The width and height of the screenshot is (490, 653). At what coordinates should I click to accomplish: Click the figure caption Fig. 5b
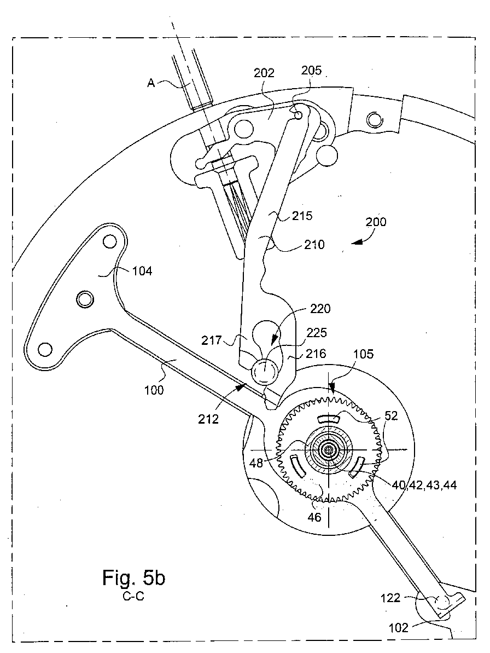coord(133,578)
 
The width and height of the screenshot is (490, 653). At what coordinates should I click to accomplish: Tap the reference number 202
coord(264,73)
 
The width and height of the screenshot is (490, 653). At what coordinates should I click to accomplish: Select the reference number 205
coord(312,70)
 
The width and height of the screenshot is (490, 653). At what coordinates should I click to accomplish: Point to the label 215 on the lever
coord(302,216)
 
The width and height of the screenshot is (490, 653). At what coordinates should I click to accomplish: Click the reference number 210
coord(314,244)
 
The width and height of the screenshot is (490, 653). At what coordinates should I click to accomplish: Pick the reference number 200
coord(376,222)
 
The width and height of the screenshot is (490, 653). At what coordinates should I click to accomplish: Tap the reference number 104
coord(142,271)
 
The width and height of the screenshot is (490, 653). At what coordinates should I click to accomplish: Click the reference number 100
coord(154,390)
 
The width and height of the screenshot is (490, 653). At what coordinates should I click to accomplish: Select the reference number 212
coord(208,419)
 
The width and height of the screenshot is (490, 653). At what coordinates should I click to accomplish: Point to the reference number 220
coord(320,309)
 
